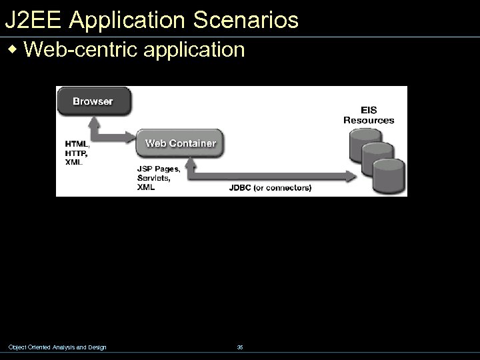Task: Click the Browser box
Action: tap(93, 101)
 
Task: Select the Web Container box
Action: tap(180, 143)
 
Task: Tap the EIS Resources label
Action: tap(369, 115)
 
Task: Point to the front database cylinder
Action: tap(389, 177)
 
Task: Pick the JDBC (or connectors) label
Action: tap(270, 188)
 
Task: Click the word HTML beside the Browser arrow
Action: tap(76, 143)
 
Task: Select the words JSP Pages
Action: tap(159, 169)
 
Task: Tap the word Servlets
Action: tap(153, 179)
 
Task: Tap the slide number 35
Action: tap(240, 347)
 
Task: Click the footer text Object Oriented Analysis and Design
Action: tap(57, 347)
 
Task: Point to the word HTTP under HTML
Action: tap(76, 153)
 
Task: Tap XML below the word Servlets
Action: tap(146, 187)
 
